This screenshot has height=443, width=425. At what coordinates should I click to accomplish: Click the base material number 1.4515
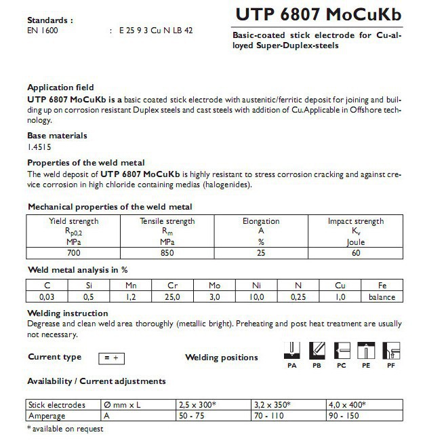(39, 146)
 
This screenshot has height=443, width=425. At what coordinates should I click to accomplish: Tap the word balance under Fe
(381, 296)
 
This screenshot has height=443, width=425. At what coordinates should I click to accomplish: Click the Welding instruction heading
(67, 313)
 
